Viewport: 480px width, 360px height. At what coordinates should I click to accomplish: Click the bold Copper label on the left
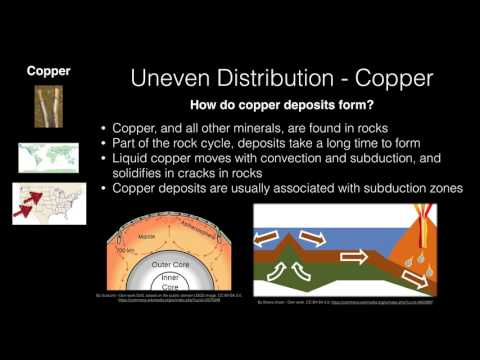tap(47, 71)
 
